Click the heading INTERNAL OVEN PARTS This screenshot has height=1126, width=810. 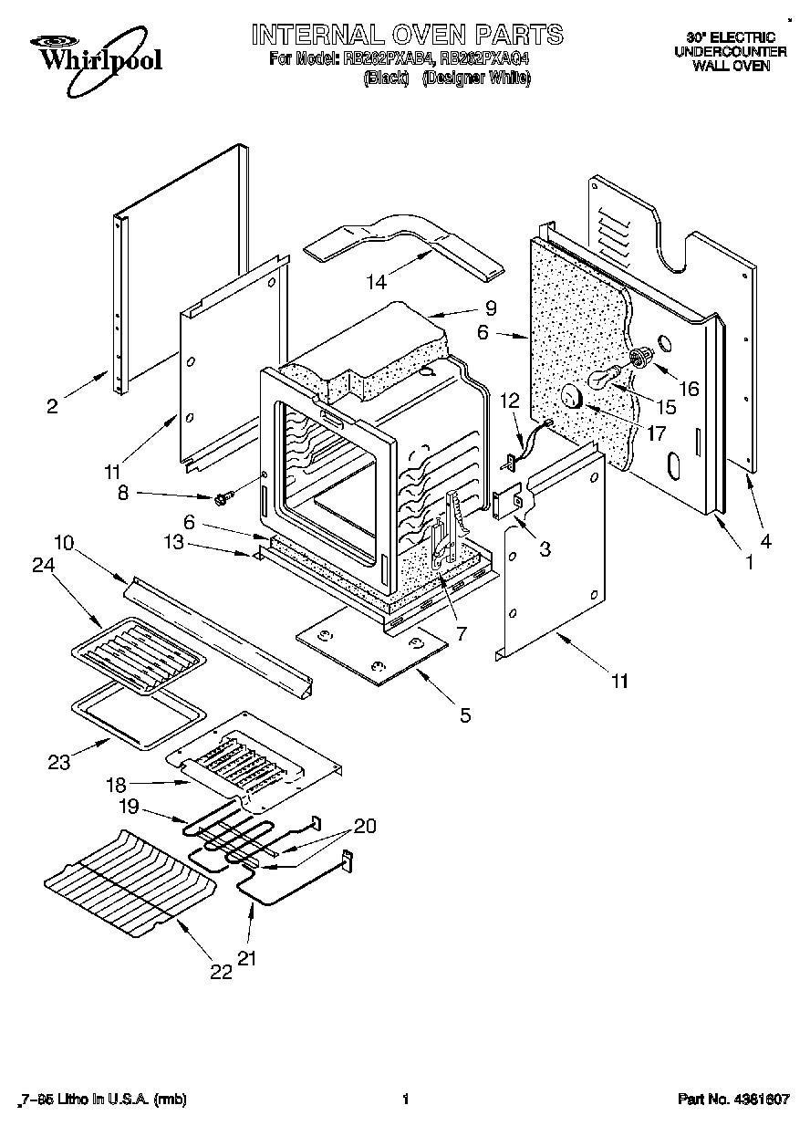point(407,36)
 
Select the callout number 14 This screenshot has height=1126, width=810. point(377,282)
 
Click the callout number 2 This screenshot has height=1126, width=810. point(52,405)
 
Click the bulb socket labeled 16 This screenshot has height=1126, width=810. point(640,356)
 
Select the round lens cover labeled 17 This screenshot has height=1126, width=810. point(572,397)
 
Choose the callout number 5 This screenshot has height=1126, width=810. point(465,715)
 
